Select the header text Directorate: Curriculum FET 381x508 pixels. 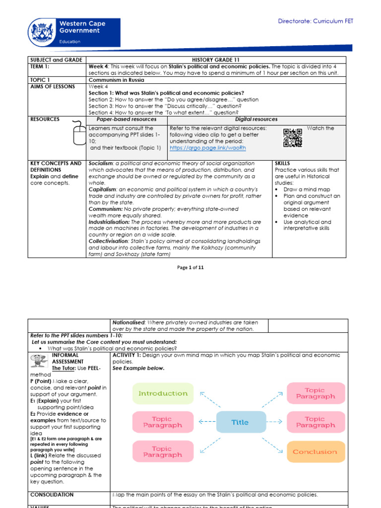point(315,21)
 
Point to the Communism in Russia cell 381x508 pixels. point(117,79)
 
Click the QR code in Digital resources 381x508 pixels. point(292,138)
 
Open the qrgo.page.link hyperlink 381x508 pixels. point(207,148)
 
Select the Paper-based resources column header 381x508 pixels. point(127,120)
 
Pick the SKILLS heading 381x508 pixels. point(282,163)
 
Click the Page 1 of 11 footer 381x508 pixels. point(190,267)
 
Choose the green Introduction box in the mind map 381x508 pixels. point(163,393)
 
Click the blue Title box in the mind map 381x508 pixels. point(240,422)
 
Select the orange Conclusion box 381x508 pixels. point(315,452)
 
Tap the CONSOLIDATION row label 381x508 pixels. point(52,495)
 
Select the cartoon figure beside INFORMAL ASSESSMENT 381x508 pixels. point(38,360)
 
